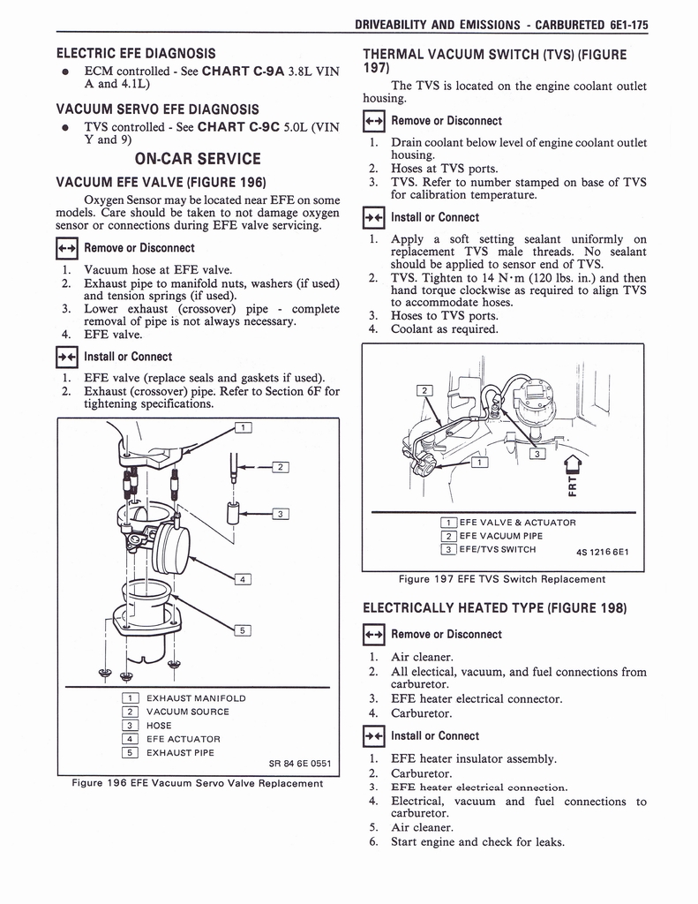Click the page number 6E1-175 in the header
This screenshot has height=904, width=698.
coord(622,25)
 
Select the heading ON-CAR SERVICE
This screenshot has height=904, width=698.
coord(197,160)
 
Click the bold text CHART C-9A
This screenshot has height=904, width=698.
coord(250,71)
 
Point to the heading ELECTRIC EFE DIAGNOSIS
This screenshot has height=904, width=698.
coord(136,53)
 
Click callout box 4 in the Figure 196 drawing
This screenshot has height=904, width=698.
coord(244,579)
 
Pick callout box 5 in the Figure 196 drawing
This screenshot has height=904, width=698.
coord(244,630)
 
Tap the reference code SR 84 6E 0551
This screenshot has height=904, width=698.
coord(299,764)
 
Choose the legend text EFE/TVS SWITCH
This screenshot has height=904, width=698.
coord(497,549)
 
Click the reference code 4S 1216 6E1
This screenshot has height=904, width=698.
coord(609,554)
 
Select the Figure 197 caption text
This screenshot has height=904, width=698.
coord(502,579)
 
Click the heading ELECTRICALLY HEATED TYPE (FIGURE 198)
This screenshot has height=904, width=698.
coord(495,608)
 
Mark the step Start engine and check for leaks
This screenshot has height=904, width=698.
coord(477,841)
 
